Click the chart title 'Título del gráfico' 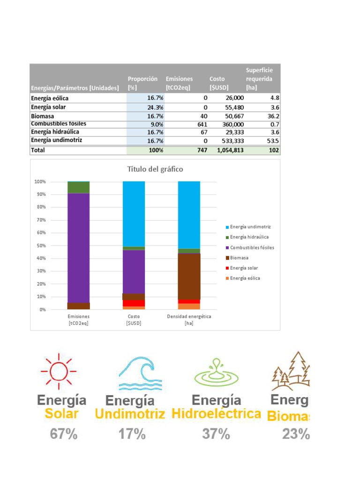point(155,169)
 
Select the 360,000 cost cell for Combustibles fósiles point(229,124)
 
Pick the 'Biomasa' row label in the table point(42,116)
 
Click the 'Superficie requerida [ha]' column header point(259,79)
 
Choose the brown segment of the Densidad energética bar point(189,276)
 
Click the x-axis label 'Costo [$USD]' point(134,320)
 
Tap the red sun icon point(59,370)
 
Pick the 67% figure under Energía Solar point(64,435)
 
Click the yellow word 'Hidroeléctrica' point(216,414)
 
